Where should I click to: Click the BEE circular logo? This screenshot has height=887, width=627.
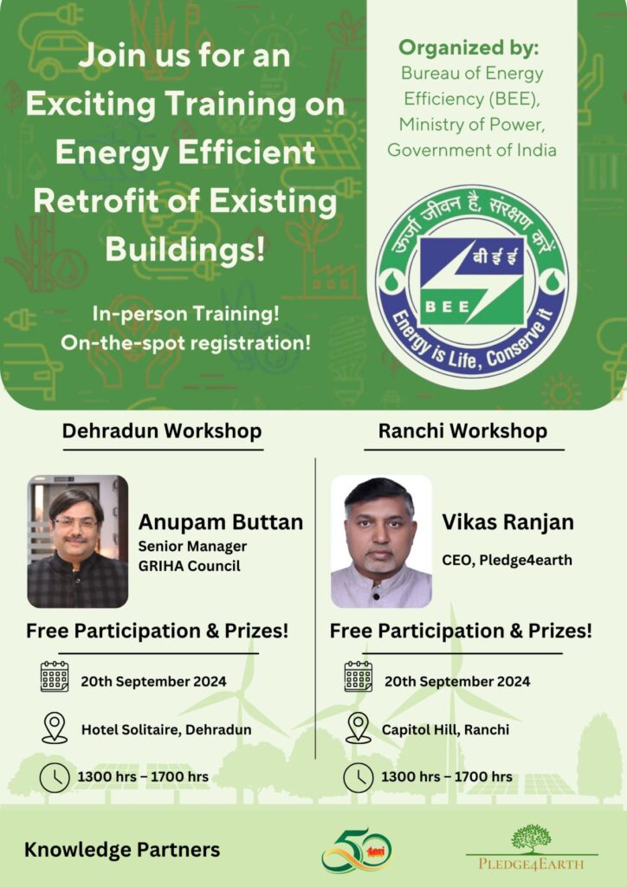(472, 287)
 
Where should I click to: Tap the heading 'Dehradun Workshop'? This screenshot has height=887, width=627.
(162, 431)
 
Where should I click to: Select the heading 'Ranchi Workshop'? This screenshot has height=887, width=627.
(462, 431)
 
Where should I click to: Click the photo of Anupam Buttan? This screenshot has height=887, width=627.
(77, 541)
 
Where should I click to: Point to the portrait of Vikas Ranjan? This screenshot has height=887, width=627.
(381, 541)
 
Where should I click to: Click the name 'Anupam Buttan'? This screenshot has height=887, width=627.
(221, 521)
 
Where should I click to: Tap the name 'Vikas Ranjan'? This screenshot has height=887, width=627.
(507, 521)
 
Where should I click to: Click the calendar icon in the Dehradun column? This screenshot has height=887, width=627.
(55, 677)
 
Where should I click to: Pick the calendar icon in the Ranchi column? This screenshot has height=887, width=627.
(359, 677)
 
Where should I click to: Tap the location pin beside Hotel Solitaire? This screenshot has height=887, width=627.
(55, 728)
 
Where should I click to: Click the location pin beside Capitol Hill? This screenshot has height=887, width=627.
(359, 728)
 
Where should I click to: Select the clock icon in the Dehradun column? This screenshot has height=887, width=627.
(55, 777)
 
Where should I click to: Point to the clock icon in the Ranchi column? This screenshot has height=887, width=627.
(359, 777)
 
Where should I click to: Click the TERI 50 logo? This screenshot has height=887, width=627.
(357, 851)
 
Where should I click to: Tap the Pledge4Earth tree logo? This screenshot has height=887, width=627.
(532, 847)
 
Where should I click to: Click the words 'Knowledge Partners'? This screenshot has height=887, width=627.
(122, 850)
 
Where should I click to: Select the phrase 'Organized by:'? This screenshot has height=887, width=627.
(469, 49)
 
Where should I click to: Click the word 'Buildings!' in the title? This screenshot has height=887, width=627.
(185, 249)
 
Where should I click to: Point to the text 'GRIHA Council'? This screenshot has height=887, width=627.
(190, 566)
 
